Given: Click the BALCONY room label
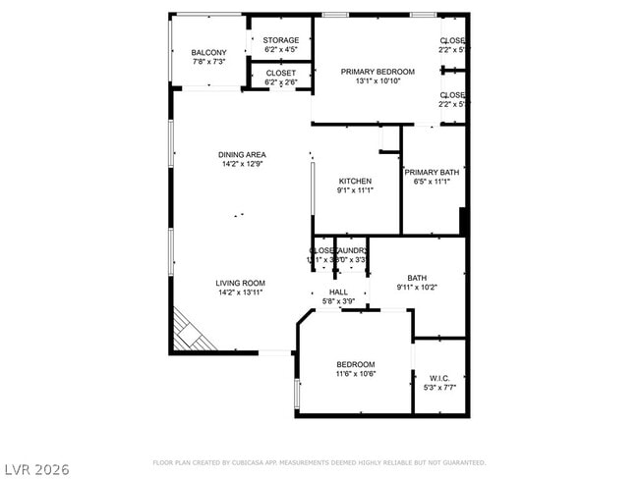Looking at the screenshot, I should pos(208,52).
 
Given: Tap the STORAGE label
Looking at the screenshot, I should pos(281,40).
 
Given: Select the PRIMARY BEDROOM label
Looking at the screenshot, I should pos(378,72).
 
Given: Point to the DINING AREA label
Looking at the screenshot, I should pos(242,154).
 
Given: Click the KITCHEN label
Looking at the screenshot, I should pos(355,182).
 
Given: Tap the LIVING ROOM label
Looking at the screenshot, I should pos(241,283).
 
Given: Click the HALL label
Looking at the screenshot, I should pos(338,293).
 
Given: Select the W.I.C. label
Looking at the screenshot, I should pos(439,377).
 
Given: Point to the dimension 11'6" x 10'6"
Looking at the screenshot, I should pos(355,374).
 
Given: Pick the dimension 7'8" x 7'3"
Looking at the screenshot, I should pos(208,62).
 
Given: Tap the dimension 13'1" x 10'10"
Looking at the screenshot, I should pos(378,81).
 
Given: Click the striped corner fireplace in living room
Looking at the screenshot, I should pos(192,330).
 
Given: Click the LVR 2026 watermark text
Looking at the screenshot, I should pos(36,469).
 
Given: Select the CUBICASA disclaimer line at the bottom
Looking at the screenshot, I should pos(319,461).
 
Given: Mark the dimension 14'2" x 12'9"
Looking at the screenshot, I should pos(242,164).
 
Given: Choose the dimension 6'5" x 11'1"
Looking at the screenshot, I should pos(431,182).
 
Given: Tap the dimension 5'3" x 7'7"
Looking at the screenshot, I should pos(439,387).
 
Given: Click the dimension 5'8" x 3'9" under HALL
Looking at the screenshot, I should pos(338,301).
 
